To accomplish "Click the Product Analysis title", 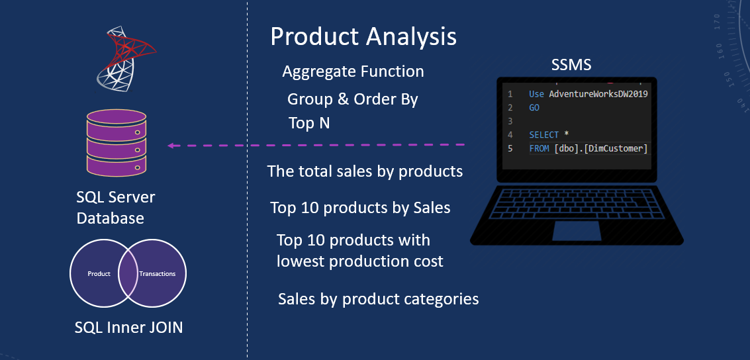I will click(363, 36).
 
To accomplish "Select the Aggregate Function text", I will click(353, 71).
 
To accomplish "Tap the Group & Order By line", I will click(352, 100).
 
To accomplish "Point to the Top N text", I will click(309, 123).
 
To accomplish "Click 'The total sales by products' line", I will click(365, 171).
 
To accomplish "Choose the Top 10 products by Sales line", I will click(360, 208).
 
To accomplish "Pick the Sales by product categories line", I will click(378, 299).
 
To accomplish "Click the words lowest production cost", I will click(359, 261).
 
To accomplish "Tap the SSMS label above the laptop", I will click(571, 65).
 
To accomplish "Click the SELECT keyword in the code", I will click(543, 135).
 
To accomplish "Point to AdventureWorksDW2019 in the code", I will click(598, 94).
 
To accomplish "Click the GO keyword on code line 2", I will click(534, 107).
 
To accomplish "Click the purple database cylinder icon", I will click(117, 144).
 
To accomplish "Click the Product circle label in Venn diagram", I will click(99, 274).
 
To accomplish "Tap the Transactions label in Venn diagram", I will click(158, 274).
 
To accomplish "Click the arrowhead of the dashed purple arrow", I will click(171, 146).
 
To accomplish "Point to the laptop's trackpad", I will click(577, 231).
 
